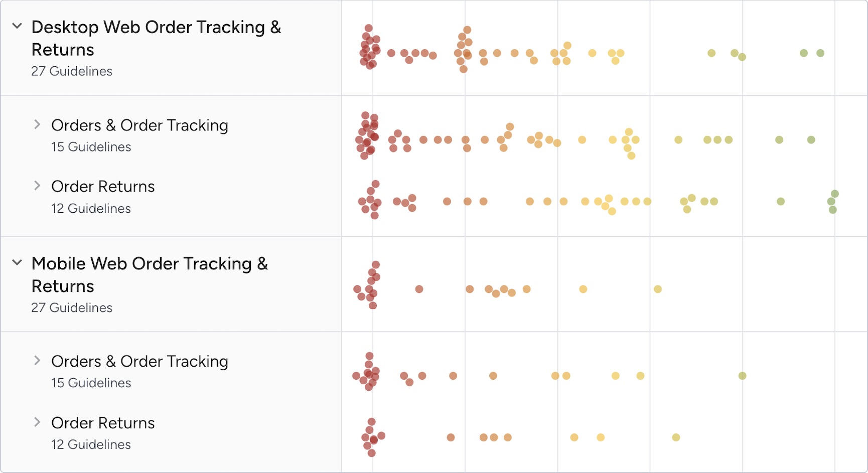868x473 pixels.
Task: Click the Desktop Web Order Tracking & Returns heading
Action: pos(156,38)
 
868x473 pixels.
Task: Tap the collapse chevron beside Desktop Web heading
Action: pos(17,26)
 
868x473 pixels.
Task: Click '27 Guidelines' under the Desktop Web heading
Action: pos(72,71)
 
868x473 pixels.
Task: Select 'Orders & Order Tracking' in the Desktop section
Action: pos(139,125)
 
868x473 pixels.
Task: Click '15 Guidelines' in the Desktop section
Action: pos(91,147)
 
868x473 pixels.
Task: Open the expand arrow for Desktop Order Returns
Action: pos(37,186)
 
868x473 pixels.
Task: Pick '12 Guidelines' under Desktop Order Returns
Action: pos(91,209)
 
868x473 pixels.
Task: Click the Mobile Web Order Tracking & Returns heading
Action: pos(150,274)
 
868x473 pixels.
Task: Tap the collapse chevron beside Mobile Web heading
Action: pos(17,262)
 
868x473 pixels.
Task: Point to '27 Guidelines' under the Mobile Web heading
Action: pos(72,307)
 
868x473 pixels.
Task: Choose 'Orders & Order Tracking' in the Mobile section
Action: pos(139,362)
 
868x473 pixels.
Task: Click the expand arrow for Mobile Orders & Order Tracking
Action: pos(37,361)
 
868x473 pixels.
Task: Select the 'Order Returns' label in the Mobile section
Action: pos(103,423)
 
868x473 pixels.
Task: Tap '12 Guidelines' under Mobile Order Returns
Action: pos(91,445)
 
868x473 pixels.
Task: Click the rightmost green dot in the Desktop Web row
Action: pos(820,53)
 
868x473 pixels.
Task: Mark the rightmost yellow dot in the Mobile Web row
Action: pos(658,289)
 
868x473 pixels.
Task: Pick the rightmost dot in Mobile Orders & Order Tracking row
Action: pos(743,376)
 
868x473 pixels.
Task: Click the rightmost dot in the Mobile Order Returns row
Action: pos(676,437)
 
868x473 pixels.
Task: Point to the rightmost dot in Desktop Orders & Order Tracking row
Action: pos(811,140)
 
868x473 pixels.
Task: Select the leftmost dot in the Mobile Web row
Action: pos(357,289)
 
